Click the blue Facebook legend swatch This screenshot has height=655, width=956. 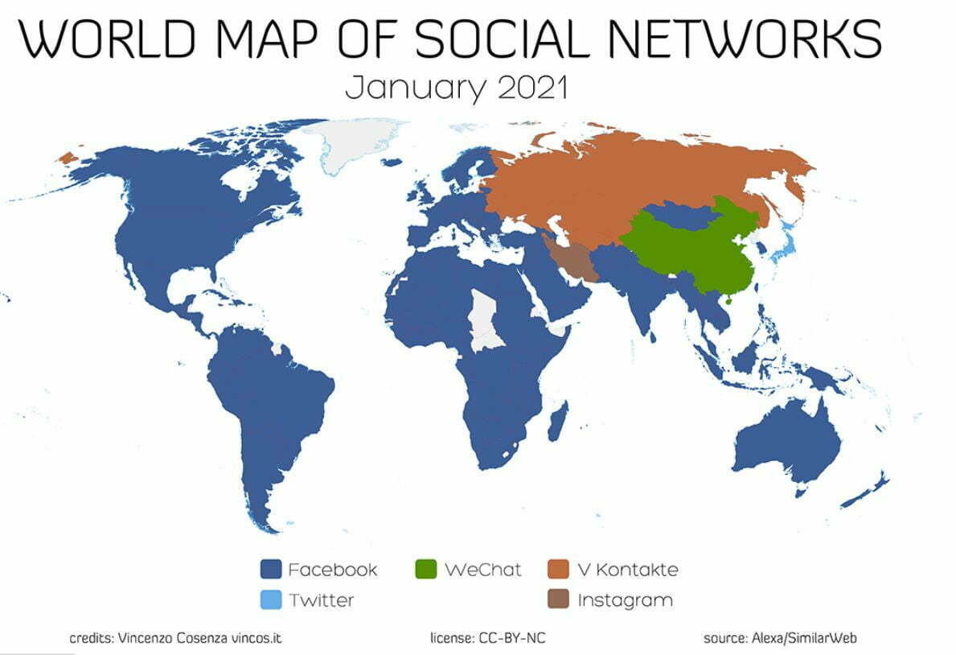[271, 570]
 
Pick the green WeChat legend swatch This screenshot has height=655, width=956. [427, 570]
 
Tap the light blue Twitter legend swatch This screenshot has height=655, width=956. [271, 599]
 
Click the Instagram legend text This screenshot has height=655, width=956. [625, 600]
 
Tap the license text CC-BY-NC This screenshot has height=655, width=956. [515, 639]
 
